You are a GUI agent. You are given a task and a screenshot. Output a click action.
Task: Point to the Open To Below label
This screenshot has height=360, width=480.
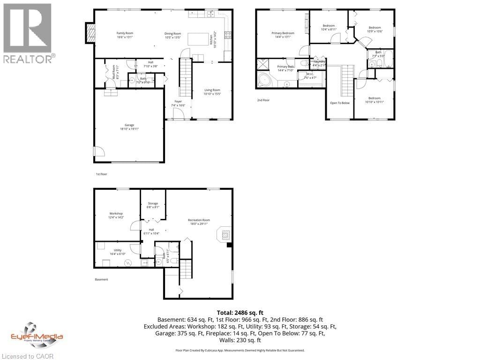click(340, 103)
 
